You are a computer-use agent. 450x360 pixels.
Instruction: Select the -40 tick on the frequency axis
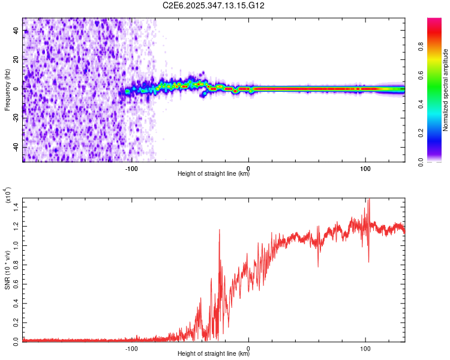tap(16, 147)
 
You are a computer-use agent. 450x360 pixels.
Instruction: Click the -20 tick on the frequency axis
tap(16, 118)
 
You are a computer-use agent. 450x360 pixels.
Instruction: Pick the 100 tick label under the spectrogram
tap(365, 167)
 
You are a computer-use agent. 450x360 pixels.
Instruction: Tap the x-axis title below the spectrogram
tap(214, 174)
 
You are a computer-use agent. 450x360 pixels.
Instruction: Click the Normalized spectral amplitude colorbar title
tap(445, 90)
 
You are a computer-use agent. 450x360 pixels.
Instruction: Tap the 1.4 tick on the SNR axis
tap(16, 206)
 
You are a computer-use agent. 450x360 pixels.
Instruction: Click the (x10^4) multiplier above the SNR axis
tap(8, 195)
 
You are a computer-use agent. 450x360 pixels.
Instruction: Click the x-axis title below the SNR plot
tap(214, 354)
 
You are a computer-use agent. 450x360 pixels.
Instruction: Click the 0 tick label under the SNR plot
tap(248, 347)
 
